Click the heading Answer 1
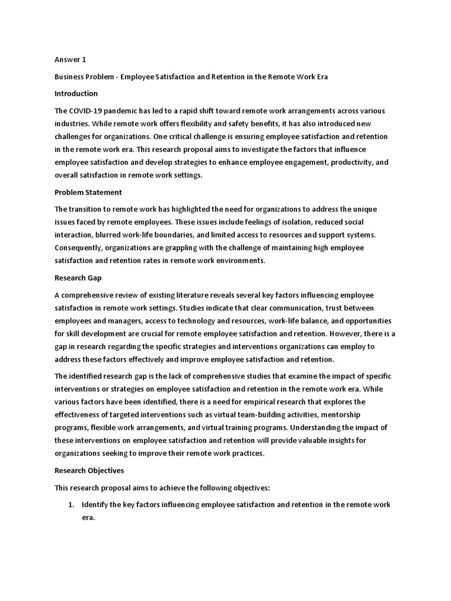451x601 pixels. pyautogui.click(x=70, y=59)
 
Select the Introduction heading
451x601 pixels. pyautogui.click(x=76, y=93)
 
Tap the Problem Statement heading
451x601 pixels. pyautogui.click(x=88, y=192)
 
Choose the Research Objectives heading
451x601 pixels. pyautogui.click(x=89, y=470)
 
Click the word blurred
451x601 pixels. pyautogui.click(x=95, y=235)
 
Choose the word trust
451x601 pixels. pyautogui.click(x=318, y=308)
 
